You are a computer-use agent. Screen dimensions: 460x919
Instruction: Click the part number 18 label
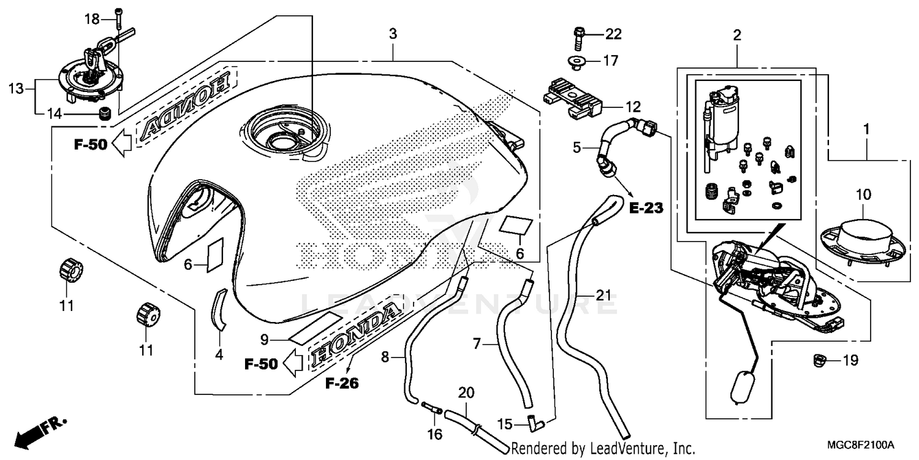click(x=91, y=19)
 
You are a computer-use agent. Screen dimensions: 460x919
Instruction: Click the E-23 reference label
click(x=646, y=209)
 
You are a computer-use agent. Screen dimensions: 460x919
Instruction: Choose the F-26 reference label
click(x=342, y=384)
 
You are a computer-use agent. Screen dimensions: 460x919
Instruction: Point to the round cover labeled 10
click(x=863, y=236)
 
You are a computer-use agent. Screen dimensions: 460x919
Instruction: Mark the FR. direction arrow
click(x=40, y=431)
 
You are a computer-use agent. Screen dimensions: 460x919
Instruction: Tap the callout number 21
click(x=603, y=296)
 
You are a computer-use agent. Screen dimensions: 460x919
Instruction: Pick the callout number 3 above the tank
click(x=393, y=34)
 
